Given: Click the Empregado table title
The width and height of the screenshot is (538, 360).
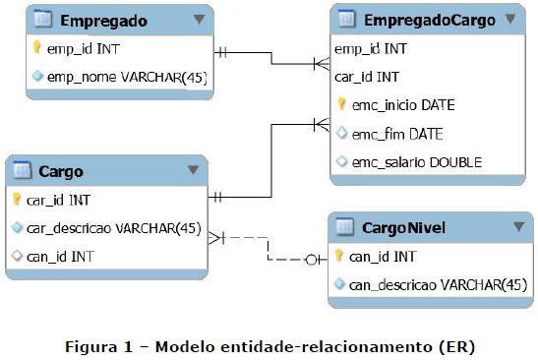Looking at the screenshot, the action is [104, 21].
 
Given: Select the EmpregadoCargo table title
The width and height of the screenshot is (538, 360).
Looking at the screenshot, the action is [430, 21].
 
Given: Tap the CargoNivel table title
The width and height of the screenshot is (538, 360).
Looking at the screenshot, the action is [404, 227].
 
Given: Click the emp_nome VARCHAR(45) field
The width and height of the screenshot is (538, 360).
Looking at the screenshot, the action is [127, 77].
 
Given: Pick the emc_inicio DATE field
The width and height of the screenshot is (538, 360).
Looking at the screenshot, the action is [403, 105].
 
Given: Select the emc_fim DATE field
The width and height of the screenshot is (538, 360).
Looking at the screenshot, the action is [397, 134].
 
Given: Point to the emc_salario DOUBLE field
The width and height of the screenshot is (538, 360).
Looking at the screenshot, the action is [417, 162].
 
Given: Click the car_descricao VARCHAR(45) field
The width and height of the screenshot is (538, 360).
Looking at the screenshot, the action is [114, 228].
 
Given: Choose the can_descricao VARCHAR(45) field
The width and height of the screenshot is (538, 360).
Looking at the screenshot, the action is [438, 285].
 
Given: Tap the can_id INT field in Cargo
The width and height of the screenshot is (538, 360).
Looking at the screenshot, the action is [60, 257].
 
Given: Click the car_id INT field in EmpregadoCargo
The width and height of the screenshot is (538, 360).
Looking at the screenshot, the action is [367, 77].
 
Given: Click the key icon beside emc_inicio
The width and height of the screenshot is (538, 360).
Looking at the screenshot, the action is [341, 104].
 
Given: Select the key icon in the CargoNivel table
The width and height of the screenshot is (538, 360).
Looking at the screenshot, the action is [338, 256].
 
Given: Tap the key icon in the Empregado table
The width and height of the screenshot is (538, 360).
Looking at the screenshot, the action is [36, 47].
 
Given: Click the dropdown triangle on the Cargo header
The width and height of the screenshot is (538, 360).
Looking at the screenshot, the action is [193, 169].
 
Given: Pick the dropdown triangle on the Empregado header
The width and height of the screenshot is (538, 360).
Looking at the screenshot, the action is [199, 20].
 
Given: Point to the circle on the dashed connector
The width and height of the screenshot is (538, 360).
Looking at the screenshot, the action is [311, 260].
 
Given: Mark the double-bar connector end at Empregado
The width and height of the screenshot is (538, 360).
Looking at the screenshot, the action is [222, 53].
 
